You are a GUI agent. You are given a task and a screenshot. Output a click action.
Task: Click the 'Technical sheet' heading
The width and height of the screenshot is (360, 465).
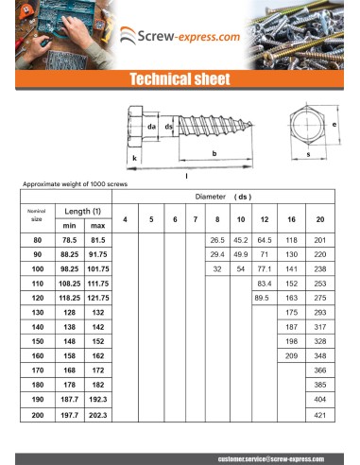point(180,79)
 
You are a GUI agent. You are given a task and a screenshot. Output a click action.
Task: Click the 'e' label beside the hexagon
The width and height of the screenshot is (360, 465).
point(334,124)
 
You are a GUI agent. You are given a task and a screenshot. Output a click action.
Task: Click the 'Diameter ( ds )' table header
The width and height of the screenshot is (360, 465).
point(228,197)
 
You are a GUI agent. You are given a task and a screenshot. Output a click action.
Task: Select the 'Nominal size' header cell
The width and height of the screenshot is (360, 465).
point(37,215)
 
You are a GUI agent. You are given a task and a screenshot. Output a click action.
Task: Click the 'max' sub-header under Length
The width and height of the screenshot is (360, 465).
point(97,226)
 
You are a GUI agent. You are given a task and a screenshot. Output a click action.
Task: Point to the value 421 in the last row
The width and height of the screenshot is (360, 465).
point(320,415)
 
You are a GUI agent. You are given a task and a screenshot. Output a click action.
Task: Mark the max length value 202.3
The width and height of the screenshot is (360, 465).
point(97,415)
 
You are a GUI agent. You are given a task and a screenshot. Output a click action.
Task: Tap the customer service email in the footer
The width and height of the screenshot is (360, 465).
point(269,457)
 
